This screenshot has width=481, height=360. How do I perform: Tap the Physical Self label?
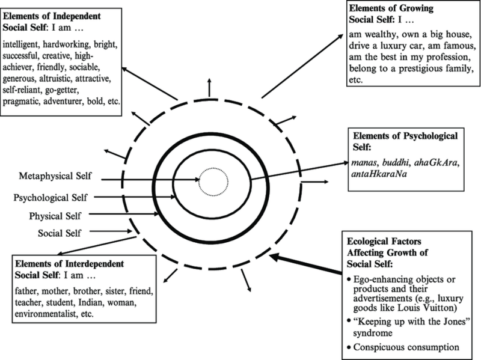[55, 215]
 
